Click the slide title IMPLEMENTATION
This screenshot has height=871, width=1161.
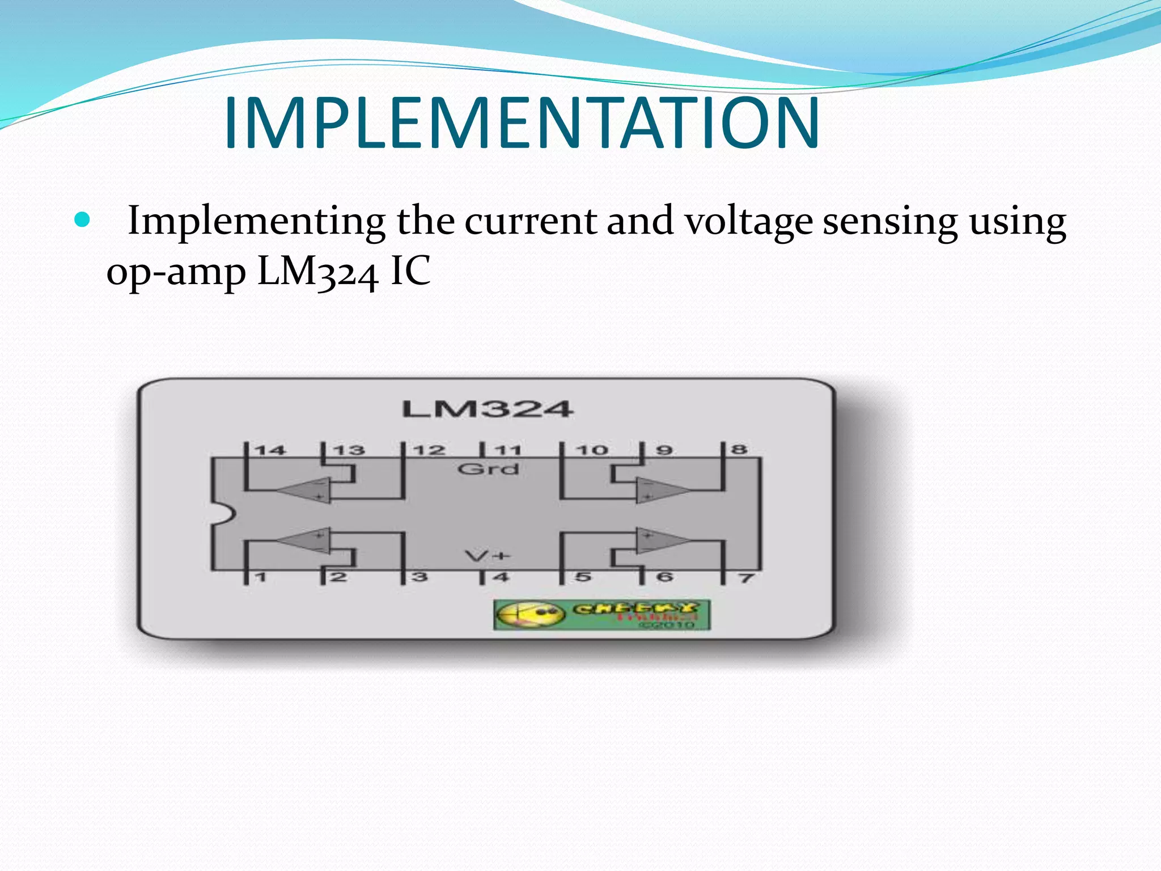pos(522,123)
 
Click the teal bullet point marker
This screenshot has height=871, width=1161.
pos(83,220)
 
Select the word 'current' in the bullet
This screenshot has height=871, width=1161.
pos(530,221)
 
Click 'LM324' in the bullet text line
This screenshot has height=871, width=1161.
pos(317,272)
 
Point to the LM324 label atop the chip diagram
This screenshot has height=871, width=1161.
pos(488,409)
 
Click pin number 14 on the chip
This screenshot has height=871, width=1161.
pos(270,451)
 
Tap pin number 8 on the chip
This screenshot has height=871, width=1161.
pos(739,450)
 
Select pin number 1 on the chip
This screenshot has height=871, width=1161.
pos(260,578)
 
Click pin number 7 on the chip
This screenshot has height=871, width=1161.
pos(746,578)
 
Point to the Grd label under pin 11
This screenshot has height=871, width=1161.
pos(488,469)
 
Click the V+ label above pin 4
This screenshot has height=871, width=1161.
pos(488,556)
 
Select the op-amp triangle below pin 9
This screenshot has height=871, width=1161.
pos(660,489)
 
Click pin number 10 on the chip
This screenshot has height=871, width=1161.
pos(592,451)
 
